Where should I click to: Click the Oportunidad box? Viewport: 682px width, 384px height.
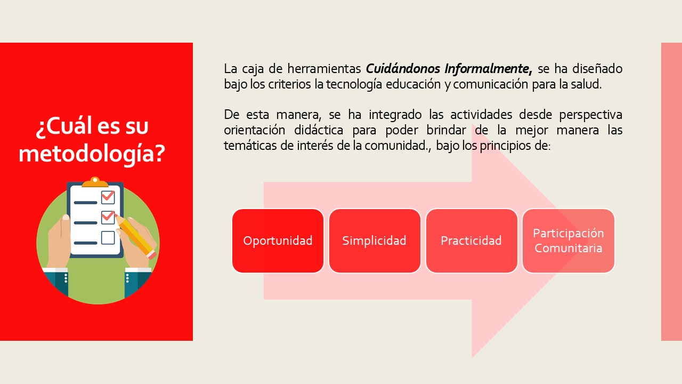pos(278,241)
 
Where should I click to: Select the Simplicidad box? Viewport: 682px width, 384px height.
pos(375,241)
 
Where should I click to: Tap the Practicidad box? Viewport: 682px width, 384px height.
pos(472,241)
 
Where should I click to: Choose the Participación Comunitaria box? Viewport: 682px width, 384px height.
pos(569,241)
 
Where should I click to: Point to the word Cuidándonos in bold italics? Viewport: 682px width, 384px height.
pos(403,69)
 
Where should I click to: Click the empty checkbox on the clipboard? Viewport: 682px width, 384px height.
pos(108,238)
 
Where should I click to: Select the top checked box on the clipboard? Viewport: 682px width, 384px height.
pos(108,197)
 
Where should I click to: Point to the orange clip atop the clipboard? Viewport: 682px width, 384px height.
pos(95,182)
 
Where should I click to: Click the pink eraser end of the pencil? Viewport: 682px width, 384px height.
pos(152,255)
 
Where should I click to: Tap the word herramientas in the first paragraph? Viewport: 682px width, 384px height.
pos(324,69)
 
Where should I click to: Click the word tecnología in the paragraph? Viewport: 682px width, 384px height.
pos(354,84)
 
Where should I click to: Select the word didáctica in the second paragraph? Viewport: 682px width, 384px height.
pos(319,130)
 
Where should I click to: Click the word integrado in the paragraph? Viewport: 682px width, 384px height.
pos(395,115)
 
